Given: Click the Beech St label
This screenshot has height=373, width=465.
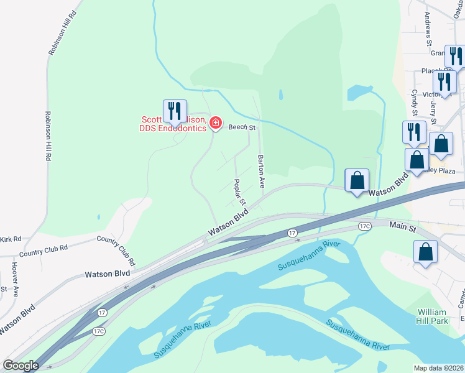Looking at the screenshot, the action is coord(242,127).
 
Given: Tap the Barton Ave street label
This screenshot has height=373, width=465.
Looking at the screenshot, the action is coord(262,172).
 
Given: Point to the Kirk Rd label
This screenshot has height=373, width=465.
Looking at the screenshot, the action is coord(11,239).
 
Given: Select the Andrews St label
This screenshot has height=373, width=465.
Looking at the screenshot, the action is coord(428,29).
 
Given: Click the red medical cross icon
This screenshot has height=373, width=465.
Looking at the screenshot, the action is coord(216,124).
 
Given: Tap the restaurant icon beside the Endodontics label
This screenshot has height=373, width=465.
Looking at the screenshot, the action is coord(175,111).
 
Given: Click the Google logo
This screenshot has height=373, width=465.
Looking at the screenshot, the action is coord(21,366).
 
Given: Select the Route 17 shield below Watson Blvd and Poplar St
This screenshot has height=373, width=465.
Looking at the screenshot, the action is coord(292,233).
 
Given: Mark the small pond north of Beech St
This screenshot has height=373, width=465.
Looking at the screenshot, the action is coord(280,95).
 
